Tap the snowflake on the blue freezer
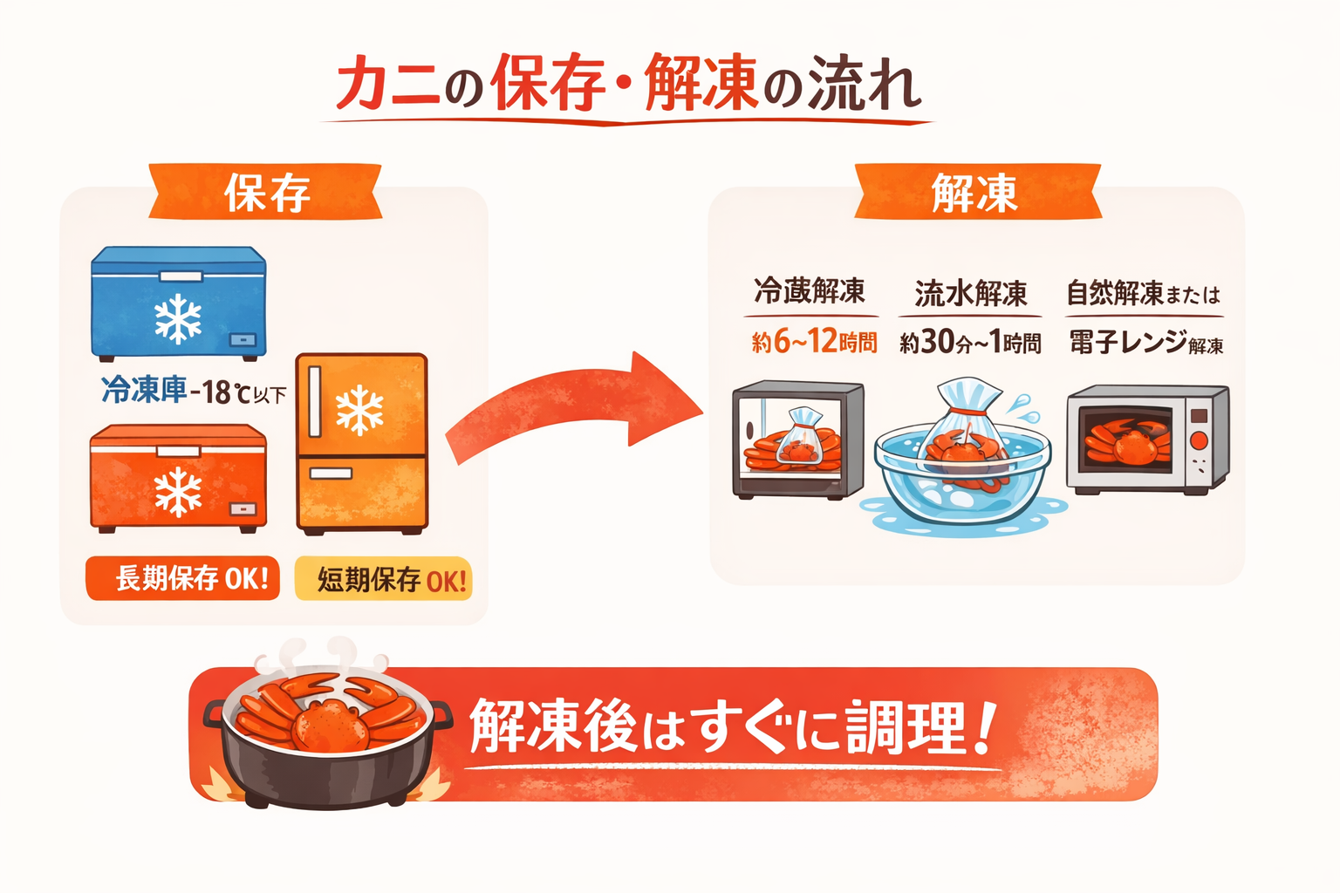(178, 317)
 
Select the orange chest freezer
(179, 477)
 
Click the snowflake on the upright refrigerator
(359, 411)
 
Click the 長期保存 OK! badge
(183, 578)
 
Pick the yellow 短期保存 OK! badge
(384, 579)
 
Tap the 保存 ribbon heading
(266, 192)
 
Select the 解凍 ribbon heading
(975, 192)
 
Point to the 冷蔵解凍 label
(810, 291)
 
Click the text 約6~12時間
(814, 342)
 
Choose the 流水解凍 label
(971, 294)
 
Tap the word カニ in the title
(387, 85)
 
